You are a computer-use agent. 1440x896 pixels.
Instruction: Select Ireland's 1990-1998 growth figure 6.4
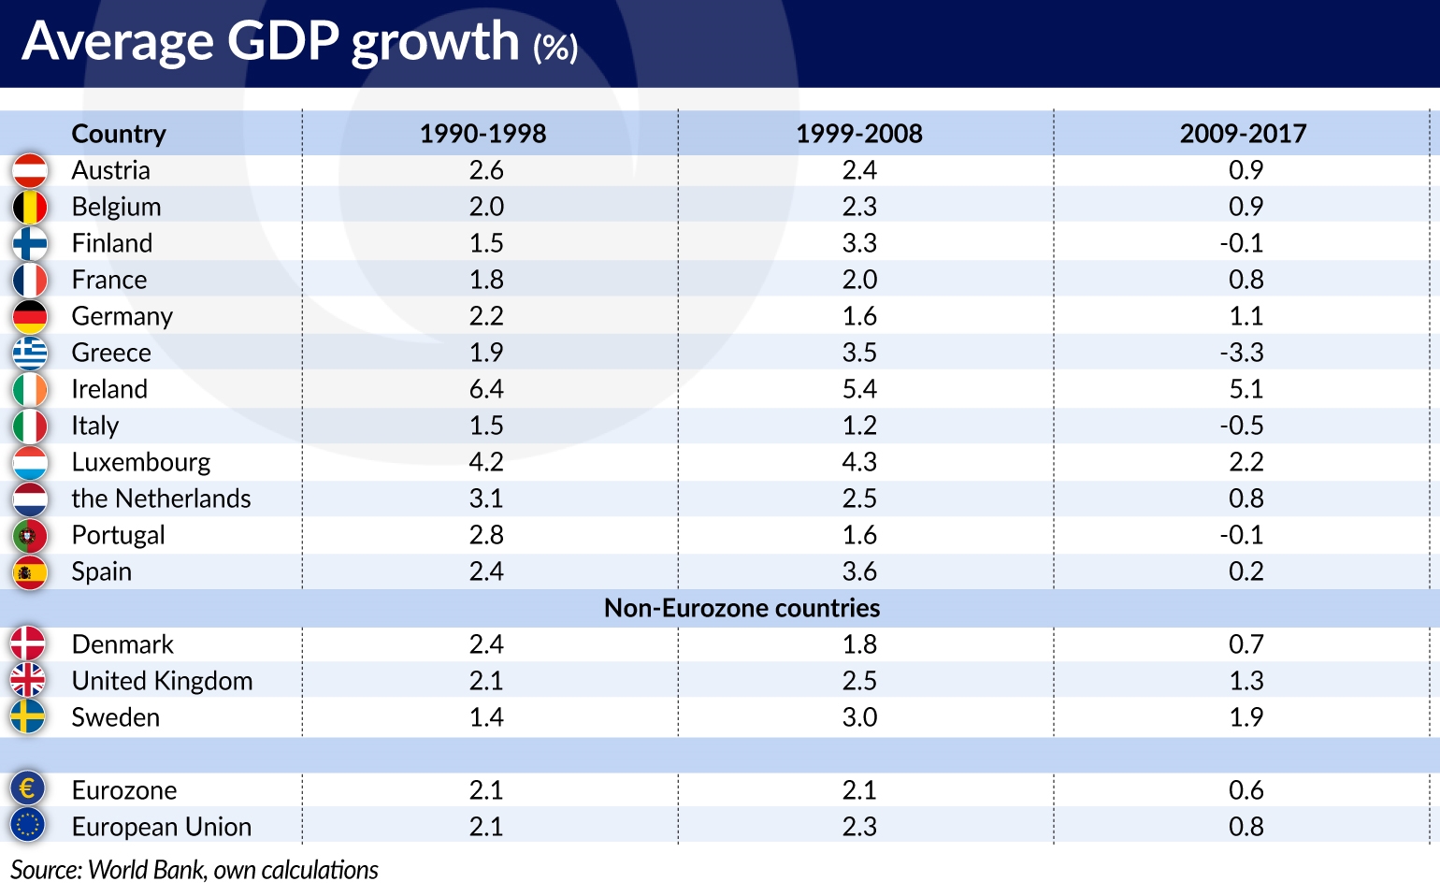[x=486, y=389]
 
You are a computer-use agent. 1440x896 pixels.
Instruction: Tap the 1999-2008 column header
[x=858, y=134]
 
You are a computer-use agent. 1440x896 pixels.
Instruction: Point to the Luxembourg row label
[x=141, y=462]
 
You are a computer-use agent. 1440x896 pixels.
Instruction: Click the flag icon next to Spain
[x=30, y=571]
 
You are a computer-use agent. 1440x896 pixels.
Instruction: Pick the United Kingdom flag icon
[x=28, y=680]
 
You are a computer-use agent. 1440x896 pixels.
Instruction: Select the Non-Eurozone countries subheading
[x=742, y=608]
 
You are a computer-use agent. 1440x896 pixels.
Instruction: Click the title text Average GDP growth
[x=271, y=41]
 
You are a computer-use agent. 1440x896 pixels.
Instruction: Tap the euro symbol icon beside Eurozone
[x=28, y=789]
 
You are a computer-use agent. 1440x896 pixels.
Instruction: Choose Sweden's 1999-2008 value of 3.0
[x=859, y=717]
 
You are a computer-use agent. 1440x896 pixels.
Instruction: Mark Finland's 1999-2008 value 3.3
[x=859, y=243]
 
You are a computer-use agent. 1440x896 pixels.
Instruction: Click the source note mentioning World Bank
[x=194, y=870]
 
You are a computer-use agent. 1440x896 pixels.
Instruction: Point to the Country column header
[x=119, y=134]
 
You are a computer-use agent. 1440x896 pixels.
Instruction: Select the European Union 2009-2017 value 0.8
[x=1246, y=827]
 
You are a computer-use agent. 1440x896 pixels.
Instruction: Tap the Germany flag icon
[x=30, y=316]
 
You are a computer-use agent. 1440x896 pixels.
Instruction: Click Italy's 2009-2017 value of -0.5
[x=1242, y=426]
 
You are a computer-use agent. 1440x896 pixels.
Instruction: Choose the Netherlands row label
[x=161, y=499]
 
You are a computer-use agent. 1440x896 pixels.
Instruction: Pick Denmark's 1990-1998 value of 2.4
[x=486, y=644]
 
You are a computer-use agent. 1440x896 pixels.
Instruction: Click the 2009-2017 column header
[x=1243, y=134]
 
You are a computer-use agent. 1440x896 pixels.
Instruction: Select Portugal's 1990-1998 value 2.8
[x=486, y=535]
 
